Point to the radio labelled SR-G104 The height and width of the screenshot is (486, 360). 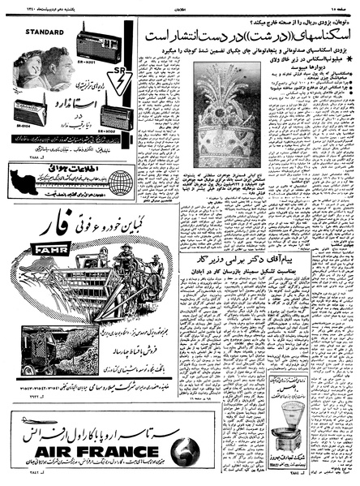[x=31, y=113]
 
